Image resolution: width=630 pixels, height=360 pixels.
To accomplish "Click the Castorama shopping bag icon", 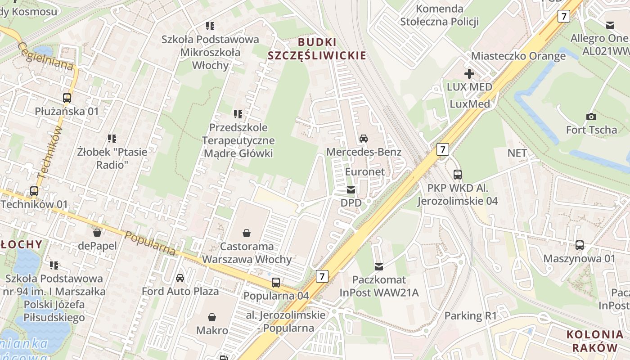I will [247, 233].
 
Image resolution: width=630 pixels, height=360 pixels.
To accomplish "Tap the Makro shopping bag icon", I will [212, 317].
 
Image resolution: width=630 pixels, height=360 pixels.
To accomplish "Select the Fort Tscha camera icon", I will [591, 117].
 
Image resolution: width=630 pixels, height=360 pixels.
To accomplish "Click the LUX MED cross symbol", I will [469, 73].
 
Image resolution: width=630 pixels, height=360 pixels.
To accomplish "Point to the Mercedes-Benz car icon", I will [364, 138].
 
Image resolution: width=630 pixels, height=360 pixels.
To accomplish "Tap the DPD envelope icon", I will [351, 189].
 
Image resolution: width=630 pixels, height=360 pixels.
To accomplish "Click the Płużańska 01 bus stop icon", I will [67, 98].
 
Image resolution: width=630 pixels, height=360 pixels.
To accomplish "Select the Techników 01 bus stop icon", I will [34, 191].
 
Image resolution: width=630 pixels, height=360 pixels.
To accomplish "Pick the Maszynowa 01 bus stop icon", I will [580, 245].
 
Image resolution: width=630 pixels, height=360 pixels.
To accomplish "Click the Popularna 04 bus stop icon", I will [276, 283].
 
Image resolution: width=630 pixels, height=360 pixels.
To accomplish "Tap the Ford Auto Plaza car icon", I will [180, 278].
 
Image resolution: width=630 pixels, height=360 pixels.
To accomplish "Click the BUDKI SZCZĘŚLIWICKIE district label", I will [317, 49].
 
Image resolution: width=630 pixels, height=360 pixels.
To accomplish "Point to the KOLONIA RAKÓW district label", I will [594, 341].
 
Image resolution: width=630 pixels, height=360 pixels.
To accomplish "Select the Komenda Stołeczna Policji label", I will [439, 15].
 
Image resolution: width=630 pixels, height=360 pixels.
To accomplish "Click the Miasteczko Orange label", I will [518, 56].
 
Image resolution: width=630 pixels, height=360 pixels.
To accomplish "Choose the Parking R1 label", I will [470, 315].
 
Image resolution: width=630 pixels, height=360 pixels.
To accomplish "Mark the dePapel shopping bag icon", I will [97, 233].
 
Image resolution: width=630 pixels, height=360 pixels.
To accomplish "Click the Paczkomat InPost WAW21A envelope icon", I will [379, 267].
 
